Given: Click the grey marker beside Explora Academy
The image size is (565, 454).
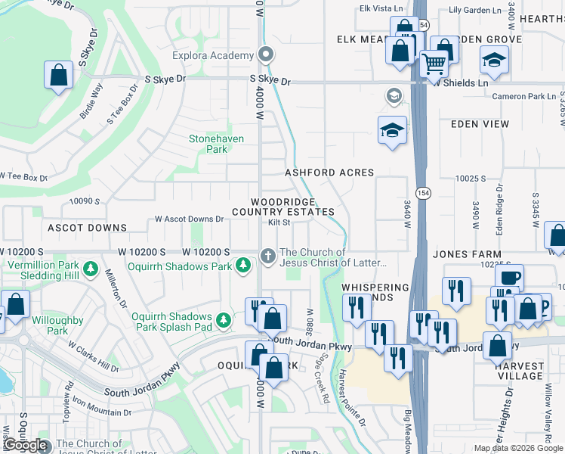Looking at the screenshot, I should point(266,54).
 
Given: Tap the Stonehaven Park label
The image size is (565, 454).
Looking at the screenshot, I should point(208,144).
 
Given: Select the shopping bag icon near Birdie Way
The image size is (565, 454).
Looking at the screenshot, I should point(59,76).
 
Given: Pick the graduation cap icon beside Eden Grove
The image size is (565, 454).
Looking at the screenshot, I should point(495,60).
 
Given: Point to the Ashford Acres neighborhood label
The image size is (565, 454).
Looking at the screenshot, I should point(329,173).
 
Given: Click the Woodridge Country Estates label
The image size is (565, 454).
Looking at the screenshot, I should point(293,206).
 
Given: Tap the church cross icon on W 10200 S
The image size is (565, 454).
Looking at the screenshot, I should point(267,257).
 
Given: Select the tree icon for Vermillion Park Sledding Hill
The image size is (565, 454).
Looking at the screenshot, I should point(90,269).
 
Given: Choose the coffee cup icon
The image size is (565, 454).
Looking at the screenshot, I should point(509,278).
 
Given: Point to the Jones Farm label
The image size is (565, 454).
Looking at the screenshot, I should point(468,254).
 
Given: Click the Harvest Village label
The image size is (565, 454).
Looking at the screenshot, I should point(520,370).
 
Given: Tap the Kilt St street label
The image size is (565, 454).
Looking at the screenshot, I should point(279,222).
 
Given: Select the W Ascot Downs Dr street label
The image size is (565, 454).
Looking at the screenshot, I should point(189,219).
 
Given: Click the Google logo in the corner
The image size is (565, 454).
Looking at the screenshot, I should point(26,445).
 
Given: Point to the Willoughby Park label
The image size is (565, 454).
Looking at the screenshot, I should point(57,325).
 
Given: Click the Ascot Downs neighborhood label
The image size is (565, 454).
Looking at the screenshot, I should point(88,228).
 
